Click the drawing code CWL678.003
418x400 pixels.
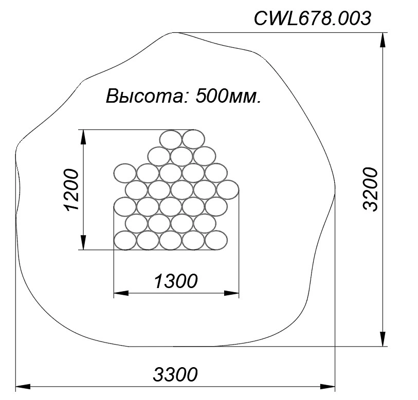coord(313,18)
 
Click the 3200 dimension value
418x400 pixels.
coord(371,189)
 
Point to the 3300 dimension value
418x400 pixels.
coord(175,374)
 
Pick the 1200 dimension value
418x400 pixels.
coord(72,190)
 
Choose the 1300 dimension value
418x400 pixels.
coord(176,281)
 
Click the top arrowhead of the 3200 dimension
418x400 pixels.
coord(383,40)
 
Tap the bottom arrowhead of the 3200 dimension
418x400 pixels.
coord(383,339)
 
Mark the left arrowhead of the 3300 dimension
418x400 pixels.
coord(23,387)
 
